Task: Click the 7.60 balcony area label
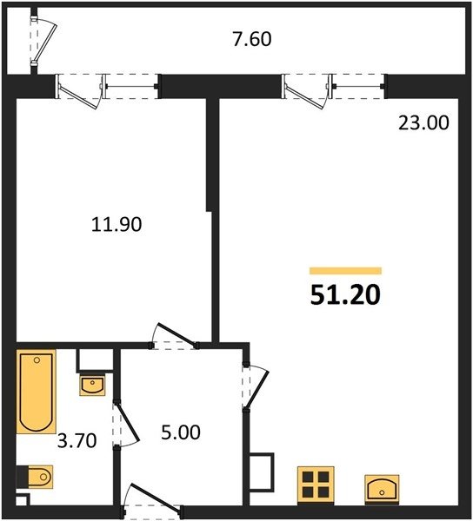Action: (x=252, y=39)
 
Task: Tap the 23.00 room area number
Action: (x=423, y=122)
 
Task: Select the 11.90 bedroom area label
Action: (x=117, y=224)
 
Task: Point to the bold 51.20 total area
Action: (x=345, y=295)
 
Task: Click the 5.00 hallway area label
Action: (x=181, y=432)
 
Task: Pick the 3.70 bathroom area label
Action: (x=77, y=440)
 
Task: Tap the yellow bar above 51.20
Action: (x=345, y=271)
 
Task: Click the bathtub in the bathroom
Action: (x=36, y=392)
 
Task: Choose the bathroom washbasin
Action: (x=92, y=386)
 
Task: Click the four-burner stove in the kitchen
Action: (x=316, y=485)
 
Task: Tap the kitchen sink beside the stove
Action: (x=382, y=489)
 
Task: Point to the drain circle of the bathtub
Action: (x=37, y=360)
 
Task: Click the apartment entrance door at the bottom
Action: (x=152, y=501)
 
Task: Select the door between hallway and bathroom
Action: (x=125, y=424)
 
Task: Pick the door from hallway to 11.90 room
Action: (x=174, y=336)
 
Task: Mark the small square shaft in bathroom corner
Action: (x=23, y=500)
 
